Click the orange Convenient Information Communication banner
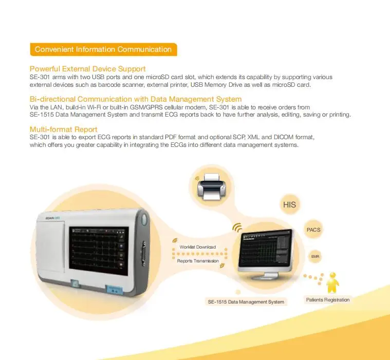103,49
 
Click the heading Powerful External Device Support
88,68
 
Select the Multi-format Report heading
64,129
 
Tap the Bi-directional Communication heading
136,99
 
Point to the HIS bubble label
289,204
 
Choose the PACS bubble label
313,230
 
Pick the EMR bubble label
315,255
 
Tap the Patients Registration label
328,299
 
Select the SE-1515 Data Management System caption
246,301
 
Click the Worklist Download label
198,247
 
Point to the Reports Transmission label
198,261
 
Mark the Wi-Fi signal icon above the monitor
237,226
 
